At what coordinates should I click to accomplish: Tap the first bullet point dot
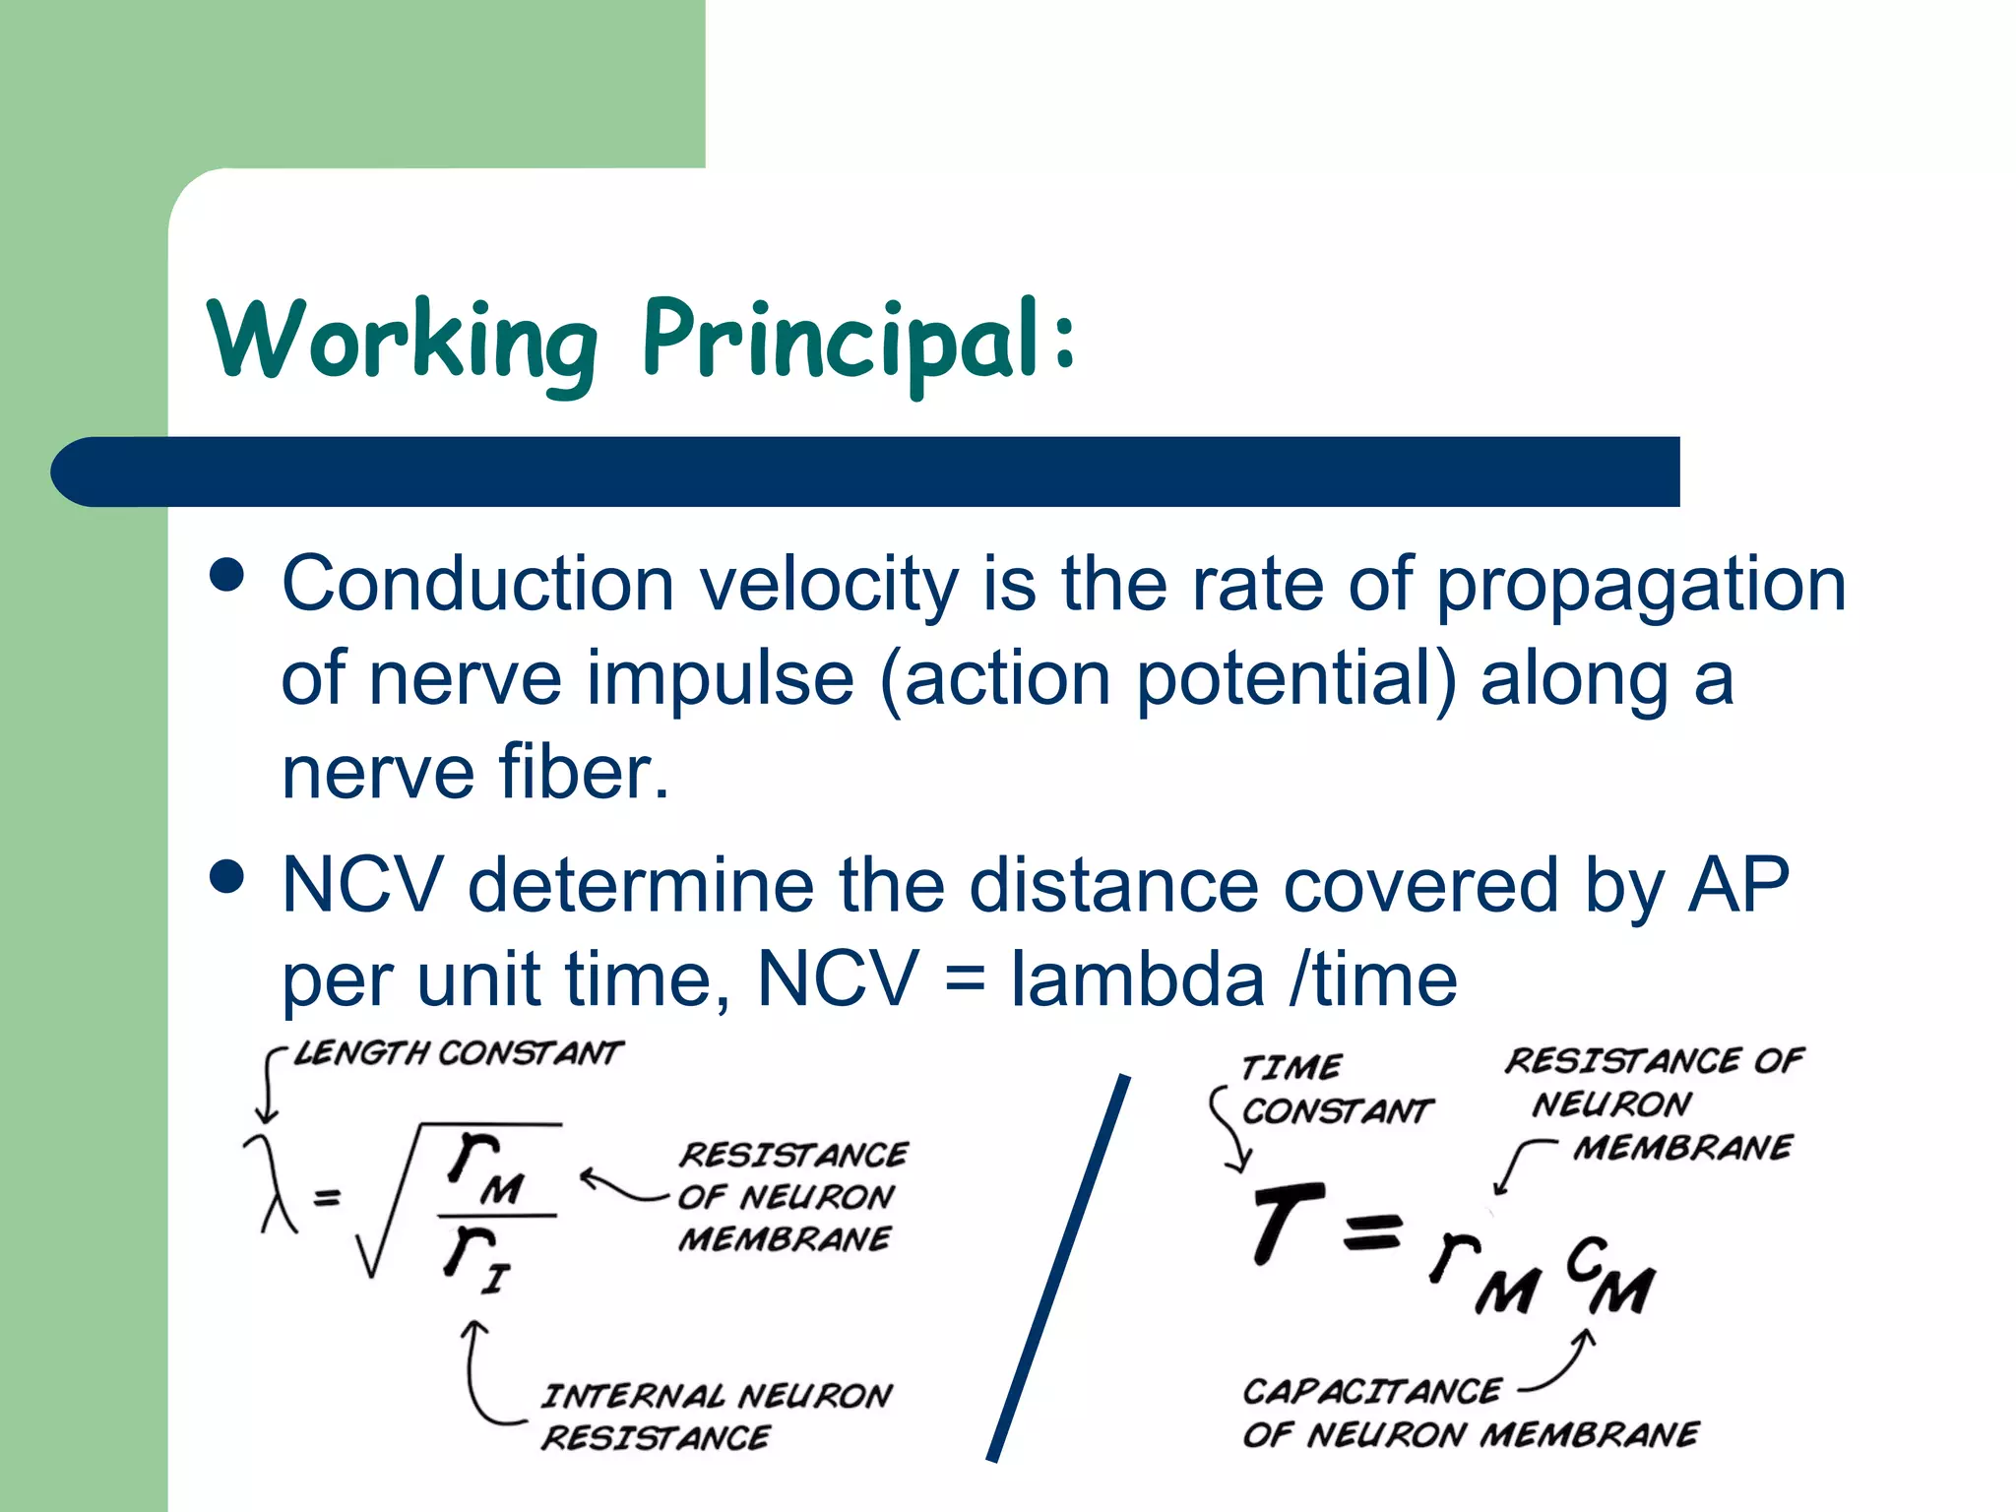point(227,575)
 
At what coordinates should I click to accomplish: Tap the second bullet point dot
point(227,875)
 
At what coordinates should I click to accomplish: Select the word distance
point(1113,885)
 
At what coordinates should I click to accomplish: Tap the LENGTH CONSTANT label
point(459,1053)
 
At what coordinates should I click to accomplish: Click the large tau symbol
point(1285,1222)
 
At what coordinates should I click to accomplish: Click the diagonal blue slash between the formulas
point(1058,1270)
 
